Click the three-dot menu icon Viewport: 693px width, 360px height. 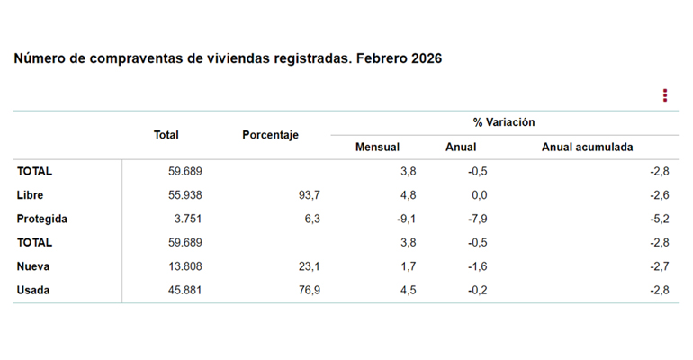(x=665, y=95)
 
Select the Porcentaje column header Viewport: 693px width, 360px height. (x=270, y=135)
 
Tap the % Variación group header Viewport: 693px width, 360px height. (x=504, y=121)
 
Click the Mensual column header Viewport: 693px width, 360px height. (x=377, y=147)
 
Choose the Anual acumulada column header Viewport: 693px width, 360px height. (x=587, y=147)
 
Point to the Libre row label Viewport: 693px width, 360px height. (x=30, y=194)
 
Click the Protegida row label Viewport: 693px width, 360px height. (x=41, y=219)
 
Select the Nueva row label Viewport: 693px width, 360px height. (x=32, y=266)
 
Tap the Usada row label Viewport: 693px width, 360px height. (x=33, y=290)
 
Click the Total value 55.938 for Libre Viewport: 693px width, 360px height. (x=186, y=194)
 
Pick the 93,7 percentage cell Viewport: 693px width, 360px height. (x=308, y=194)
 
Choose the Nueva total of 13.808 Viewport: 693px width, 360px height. (x=186, y=266)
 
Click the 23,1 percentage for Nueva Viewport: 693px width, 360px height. (x=309, y=266)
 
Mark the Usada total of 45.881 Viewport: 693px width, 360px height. (x=186, y=290)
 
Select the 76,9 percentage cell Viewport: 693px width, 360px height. (x=308, y=290)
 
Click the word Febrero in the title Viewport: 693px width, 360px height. (x=381, y=58)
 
